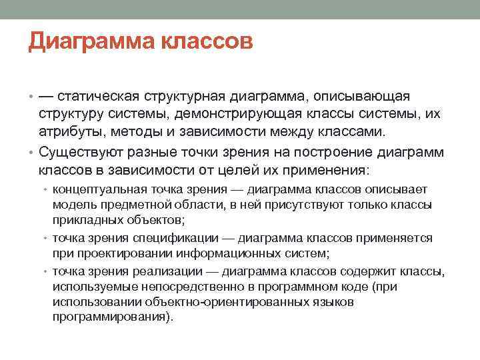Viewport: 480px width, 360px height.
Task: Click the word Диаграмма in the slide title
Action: coord(90,43)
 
